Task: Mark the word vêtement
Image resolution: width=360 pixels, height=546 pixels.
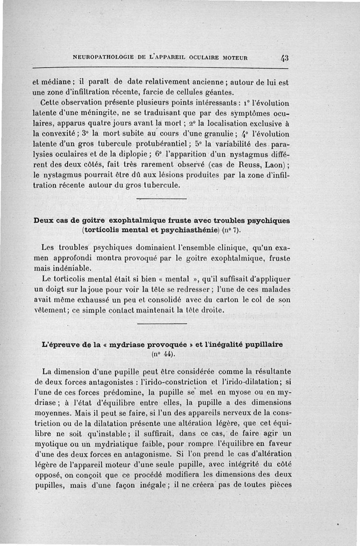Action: (x=49, y=311)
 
